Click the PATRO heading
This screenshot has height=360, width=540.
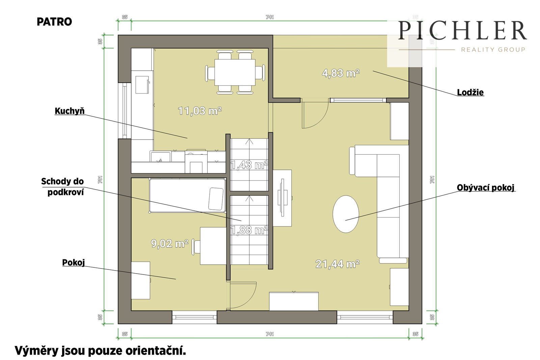[x=54, y=22]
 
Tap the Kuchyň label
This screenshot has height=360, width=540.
[x=70, y=111]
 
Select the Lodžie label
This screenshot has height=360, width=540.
[x=470, y=93]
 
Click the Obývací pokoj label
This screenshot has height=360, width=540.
[x=486, y=188]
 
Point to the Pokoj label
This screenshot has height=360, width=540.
[x=74, y=262]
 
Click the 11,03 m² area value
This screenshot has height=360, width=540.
[x=199, y=111]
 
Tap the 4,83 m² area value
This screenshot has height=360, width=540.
[x=341, y=73]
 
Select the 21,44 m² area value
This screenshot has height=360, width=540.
[x=337, y=264]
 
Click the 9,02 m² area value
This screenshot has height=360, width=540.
[x=170, y=243]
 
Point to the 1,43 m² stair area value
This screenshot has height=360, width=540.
[x=249, y=165]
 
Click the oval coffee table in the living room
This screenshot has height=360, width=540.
[x=346, y=214]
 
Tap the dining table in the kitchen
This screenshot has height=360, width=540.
[x=235, y=72]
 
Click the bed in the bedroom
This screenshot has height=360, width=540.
[x=188, y=196]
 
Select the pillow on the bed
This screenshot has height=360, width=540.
[x=216, y=199]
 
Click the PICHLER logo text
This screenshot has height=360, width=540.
[x=462, y=30]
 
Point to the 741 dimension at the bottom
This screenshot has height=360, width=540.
[x=270, y=334]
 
